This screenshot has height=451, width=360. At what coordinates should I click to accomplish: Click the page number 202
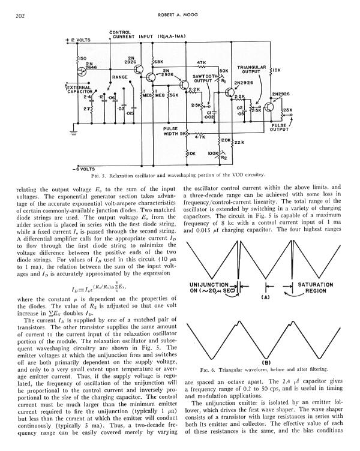click(19, 15)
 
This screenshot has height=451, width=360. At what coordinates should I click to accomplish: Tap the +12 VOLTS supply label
click(77, 40)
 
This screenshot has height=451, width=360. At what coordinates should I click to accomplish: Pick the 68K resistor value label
click(158, 61)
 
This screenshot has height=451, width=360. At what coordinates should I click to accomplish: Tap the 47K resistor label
click(202, 62)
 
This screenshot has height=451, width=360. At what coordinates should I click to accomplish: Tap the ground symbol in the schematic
click(73, 130)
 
